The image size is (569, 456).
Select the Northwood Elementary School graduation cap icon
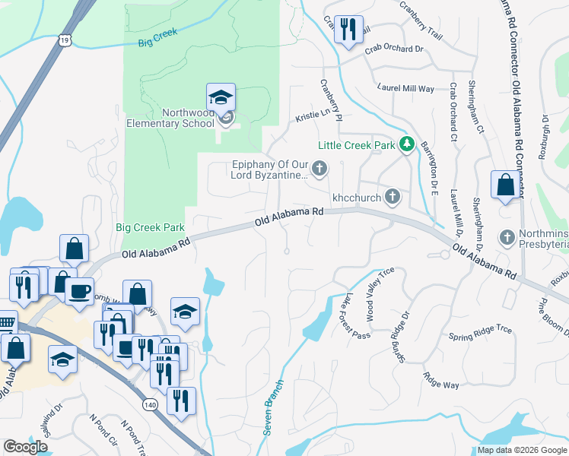(221, 98)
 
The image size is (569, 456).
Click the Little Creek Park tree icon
(407, 144)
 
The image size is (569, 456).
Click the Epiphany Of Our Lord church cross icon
(319, 168)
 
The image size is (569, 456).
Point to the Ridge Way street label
(441, 381)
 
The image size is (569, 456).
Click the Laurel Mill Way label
(405, 89)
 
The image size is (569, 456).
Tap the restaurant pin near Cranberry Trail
(348, 31)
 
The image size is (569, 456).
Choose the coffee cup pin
(79, 291)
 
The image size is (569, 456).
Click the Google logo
(25, 447)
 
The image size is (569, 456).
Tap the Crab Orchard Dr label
(393, 49)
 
